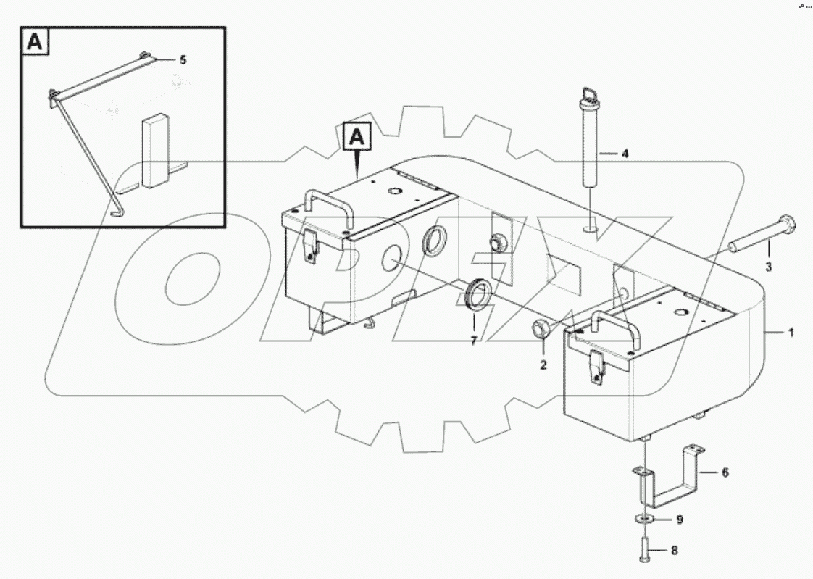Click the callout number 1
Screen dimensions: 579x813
coord(791,333)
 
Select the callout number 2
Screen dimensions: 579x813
coord(542,365)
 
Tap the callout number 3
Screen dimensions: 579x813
coord(769,267)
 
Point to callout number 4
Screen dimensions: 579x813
coord(625,154)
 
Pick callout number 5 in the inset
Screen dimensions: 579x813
coord(183,60)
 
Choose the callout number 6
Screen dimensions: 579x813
coord(723,472)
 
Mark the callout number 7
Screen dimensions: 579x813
coord(473,341)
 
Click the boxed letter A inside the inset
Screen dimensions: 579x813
coord(37,43)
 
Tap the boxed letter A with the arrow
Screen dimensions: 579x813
coord(357,136)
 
